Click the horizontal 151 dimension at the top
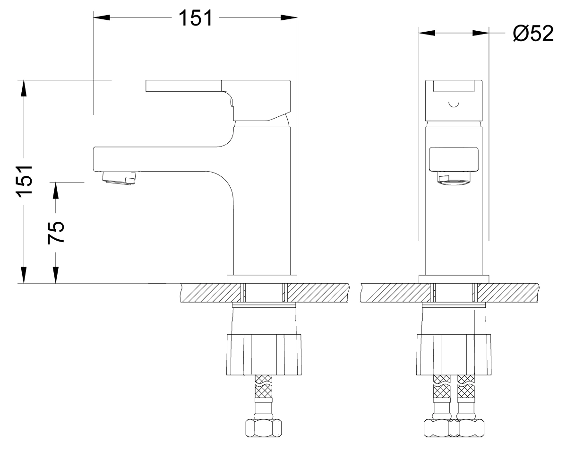click(x=195, y=18)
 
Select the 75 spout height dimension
click(x=56, y=233)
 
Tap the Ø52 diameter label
click(x=533, y=34)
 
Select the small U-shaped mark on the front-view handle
click(x=454, y=105)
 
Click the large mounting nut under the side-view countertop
click(x=264, y=355)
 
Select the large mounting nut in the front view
click(x=454, y=355)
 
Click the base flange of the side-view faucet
click(x=262, y=279)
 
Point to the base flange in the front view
click(x=454, y=279)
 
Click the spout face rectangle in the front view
click(x=454, y=159)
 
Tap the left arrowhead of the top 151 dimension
click(x=102, y=17)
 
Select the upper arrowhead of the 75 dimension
click(x=56, y=190)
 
